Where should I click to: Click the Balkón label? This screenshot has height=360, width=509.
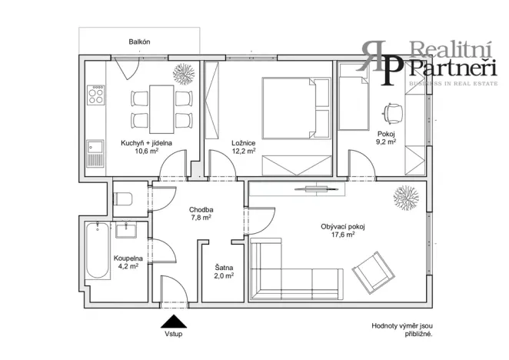pyautogui.click(x=138, y=43)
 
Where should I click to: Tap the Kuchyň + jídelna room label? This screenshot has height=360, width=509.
pyautogui.click(x=141, y=143)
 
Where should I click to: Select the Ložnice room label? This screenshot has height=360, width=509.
pyautogui.click(x=243, y=143)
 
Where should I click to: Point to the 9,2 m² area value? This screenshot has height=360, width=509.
pyautogui.click(x=385, y=142)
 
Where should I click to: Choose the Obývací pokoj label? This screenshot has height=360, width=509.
pyautogui.click(x=338, y=226)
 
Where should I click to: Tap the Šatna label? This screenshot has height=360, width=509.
pyautogui.click(x=224, y=266)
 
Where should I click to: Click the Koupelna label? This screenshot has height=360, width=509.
pyautogui.click(x=127, y=258)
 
